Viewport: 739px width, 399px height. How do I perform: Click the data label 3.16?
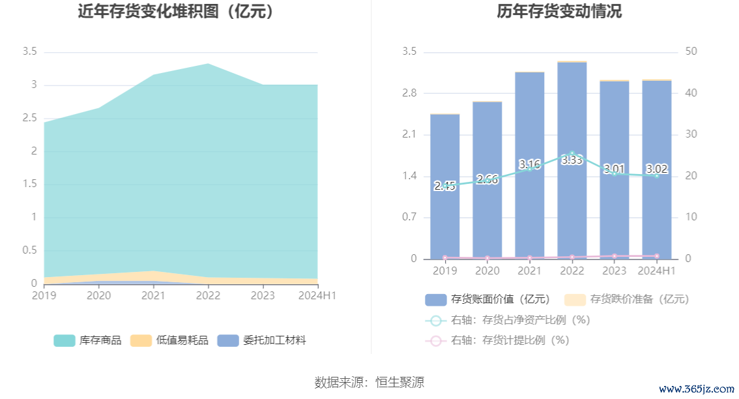[x=529, y=164]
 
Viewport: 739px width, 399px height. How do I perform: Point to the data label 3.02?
[x=656, y=169]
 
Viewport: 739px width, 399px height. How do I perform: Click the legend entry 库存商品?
[x=88, y=340]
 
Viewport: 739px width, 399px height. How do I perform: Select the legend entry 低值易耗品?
[x=169, y=340]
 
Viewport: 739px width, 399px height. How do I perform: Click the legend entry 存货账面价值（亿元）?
[x=488, y=299]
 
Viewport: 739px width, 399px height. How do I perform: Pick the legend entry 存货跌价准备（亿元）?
[x=626, y=299]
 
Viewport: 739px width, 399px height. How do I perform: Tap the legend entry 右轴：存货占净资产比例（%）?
[x=508, y=320]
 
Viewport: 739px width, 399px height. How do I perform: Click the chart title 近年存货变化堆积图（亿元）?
[x=175, y=11]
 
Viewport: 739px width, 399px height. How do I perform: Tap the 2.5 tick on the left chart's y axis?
[x=29, y=118]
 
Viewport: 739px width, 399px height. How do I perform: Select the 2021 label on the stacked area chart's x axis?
[x=153, y=295]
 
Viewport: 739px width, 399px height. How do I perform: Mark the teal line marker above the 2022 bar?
[x=572, y=155]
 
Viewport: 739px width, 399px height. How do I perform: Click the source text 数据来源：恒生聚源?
[x=369, y=382]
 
